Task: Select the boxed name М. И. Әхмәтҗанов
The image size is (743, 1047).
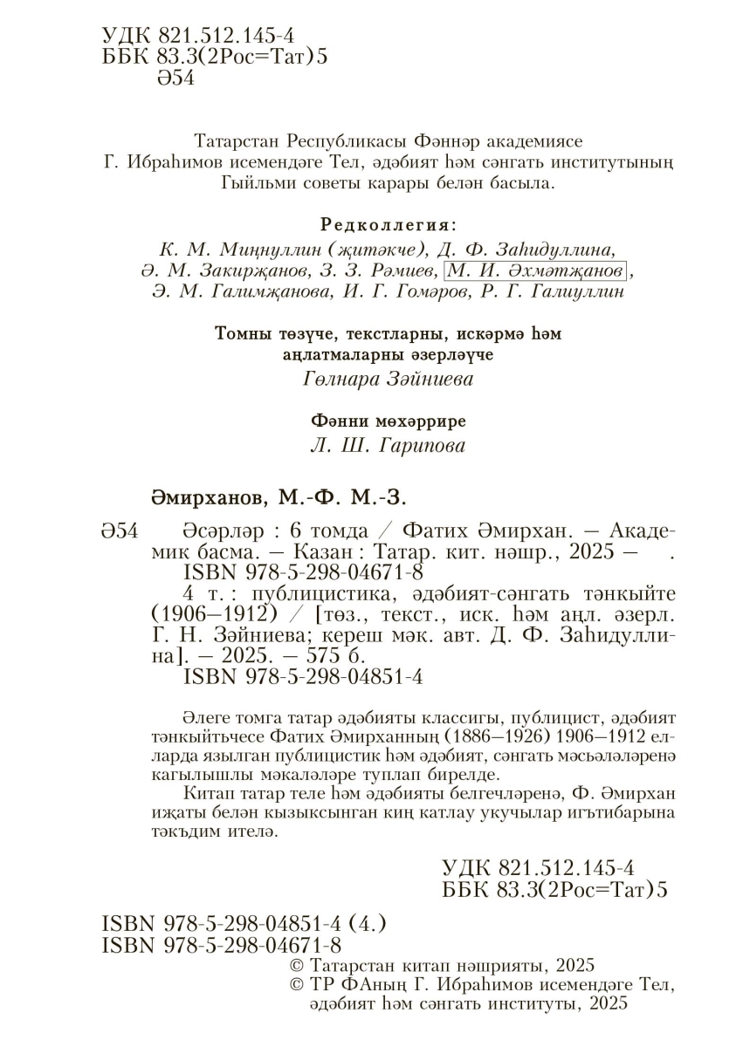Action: [x=535, y=270]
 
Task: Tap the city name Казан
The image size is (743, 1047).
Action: [x=330, y=552]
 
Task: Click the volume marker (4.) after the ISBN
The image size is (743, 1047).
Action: [x=368, y=923]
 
